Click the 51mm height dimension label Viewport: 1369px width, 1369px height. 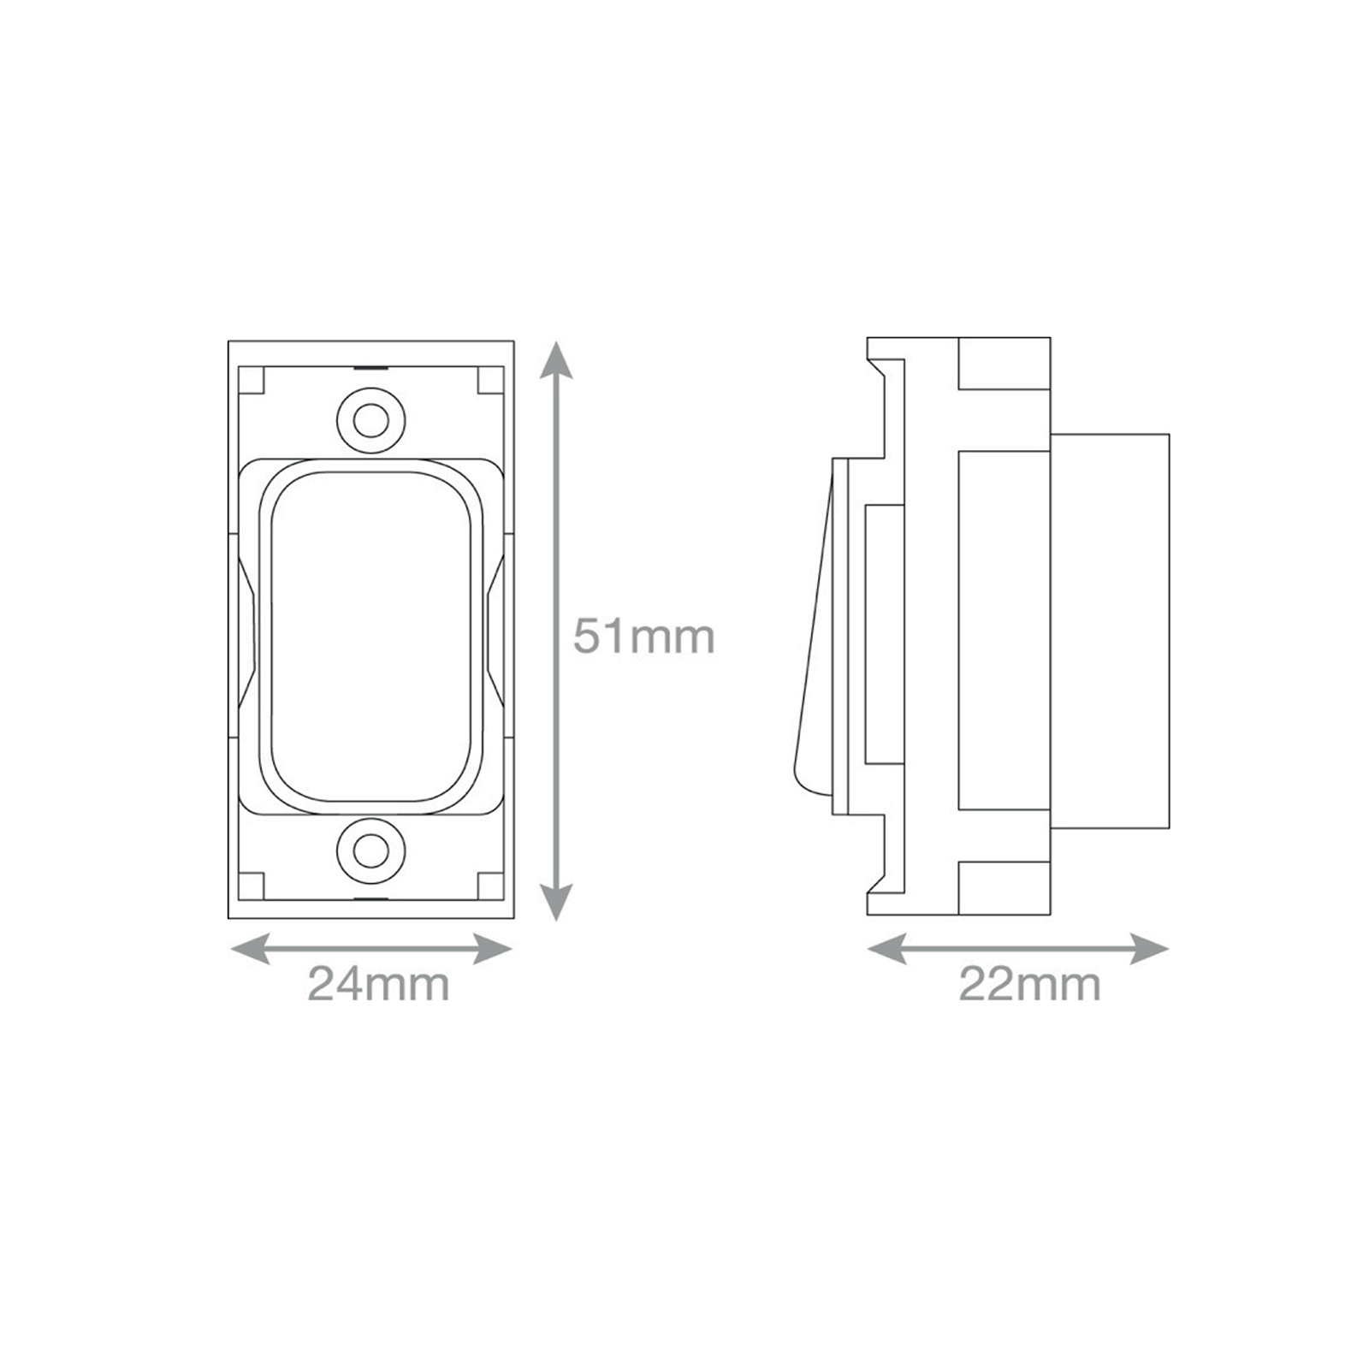click(643, 637)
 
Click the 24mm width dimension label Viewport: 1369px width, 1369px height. click(378, 984)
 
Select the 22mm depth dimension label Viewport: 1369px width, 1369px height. click(1029, 984)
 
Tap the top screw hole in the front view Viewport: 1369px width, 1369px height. click(370, 420)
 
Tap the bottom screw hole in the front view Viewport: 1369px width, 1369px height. click(370, 851)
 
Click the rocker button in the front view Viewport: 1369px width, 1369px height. click(371, 637)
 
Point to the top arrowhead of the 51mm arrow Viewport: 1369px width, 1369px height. click(556, 359)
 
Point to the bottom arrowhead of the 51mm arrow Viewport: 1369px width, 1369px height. click(556, 902)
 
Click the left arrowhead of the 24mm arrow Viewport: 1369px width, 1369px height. click(251, 949)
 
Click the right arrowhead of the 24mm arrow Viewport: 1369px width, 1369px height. click(493, 949)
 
